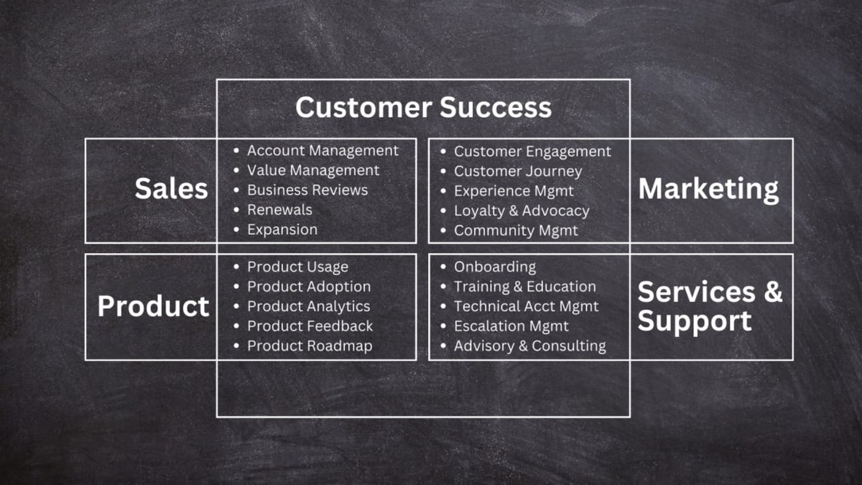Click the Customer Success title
[x=423, y=108]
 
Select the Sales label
[x=171, y=189]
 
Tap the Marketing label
[x=708, y=189]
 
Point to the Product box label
[x=153, y=307]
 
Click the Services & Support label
[x=709, y=306]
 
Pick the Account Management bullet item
[x=323, y=151]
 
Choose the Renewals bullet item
[x=279, y=210]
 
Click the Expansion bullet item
[x=282, y=230]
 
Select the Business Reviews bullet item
[x=307, y=190]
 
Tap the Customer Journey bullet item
[x=517, y=172]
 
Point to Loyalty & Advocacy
[x=521, y=211]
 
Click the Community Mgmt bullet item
[x=515, y=231]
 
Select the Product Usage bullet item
[x=297, y=267]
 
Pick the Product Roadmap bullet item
[x=310, y=346]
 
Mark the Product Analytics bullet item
[x=308, y=307]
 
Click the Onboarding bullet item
[x=494, y=267]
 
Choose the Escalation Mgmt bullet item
[x=511, y=326]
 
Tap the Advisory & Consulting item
[x=529, y=346]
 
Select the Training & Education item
[x=524, y=287]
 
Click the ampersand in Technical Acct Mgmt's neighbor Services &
[x=772, y=292]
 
